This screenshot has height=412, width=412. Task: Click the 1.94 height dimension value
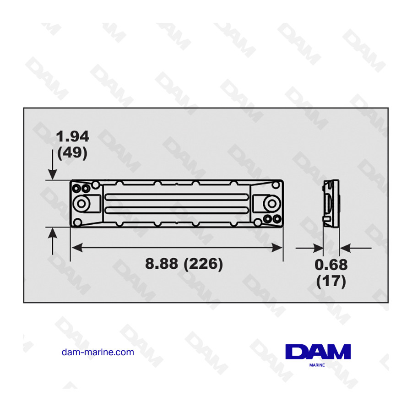coord(72,136)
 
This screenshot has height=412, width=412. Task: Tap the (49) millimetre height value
coord(72,152)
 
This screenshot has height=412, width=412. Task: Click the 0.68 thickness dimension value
coord(331,265)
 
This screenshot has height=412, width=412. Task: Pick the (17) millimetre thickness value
coord(331,281)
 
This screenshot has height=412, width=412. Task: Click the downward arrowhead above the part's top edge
coord(53,174)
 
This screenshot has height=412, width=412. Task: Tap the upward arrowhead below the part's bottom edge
coord(53,233)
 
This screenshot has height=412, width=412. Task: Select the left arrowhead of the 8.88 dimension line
coord(76,248)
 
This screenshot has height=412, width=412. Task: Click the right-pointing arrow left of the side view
coord(318,248)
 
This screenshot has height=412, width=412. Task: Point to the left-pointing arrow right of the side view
coord(345,248)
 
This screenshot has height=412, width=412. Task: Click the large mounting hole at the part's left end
coord(83,203)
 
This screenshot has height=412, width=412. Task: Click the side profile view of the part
coord(331,203)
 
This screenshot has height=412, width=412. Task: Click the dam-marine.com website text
coord(98,352)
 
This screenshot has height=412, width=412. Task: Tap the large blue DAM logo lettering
coord(318,352)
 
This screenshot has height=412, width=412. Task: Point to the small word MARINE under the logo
coord(318,365)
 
